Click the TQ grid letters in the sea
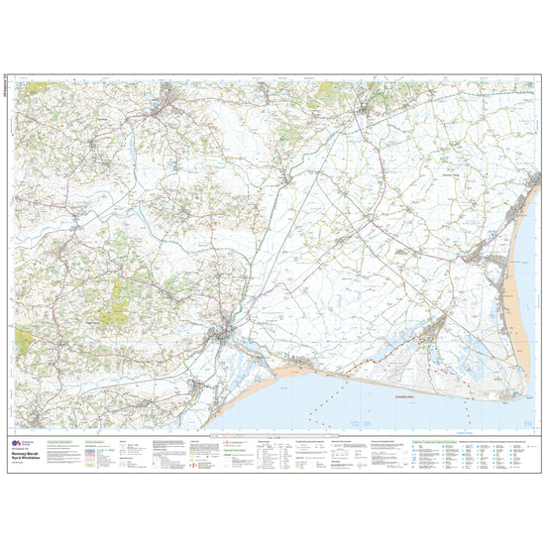358,424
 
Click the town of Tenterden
167,98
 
